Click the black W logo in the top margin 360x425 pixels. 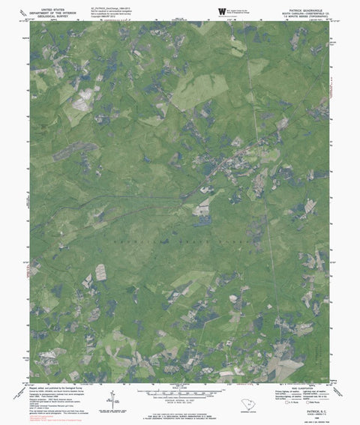tap(221, 10)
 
